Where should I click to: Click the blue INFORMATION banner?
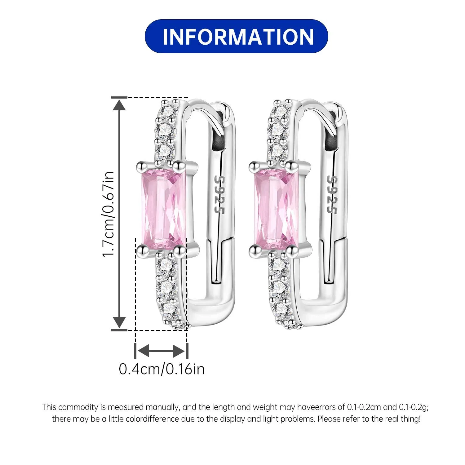coord(236,36)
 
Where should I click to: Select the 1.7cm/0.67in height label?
coord(108,214)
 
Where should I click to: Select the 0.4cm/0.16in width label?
coord(162,369)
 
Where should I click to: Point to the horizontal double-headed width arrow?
coord(161,351)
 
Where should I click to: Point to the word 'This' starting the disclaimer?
coord(49,407)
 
